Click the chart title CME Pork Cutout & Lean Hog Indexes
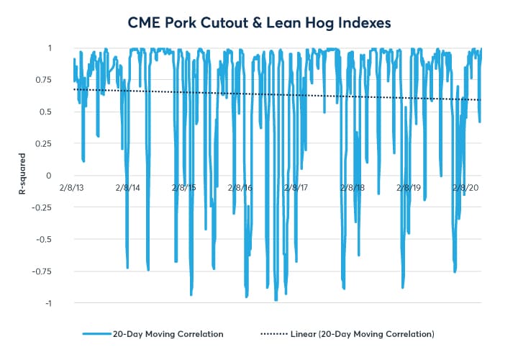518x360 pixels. point(259,22)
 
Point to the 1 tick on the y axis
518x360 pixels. point(49,48)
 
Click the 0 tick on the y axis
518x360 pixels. point(49,176)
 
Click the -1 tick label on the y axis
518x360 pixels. point(47,303)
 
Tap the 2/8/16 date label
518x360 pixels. point(240,187)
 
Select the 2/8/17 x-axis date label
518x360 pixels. point(296,187)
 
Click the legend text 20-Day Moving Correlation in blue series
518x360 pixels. point(168,334)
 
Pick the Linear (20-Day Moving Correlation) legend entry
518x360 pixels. point(362,334)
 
